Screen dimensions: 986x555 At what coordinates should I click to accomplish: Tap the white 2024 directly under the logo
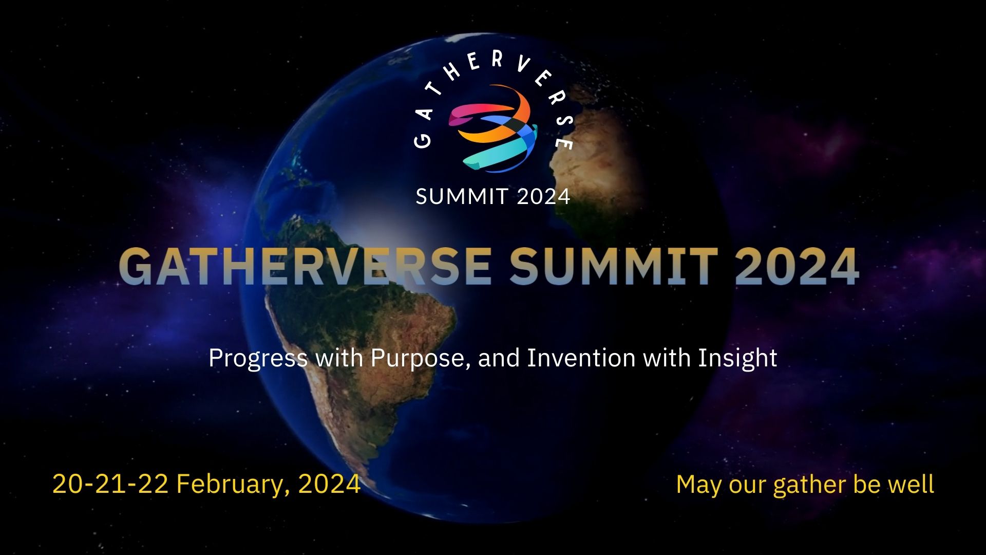(543, 196)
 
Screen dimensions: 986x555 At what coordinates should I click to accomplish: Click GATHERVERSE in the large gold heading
(305, 266)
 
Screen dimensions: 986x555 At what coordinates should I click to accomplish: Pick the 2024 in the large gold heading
(797, 266)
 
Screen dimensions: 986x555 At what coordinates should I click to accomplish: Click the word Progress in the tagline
(258, 358)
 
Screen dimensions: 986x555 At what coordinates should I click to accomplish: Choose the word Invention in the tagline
(582, 357)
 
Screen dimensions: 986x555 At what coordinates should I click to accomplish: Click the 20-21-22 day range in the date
(110, 484)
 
